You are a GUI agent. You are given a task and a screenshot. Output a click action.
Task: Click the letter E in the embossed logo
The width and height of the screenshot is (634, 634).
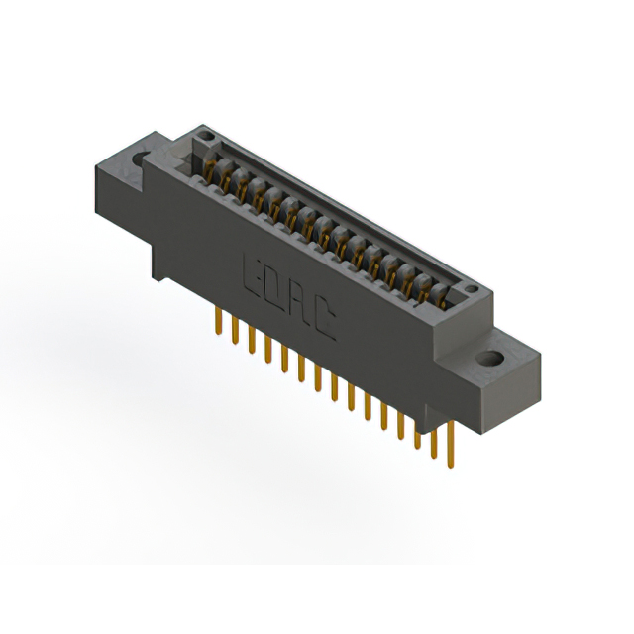tap(252, 270)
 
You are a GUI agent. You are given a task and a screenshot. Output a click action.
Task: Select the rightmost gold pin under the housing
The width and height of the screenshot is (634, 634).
tap(450, 442)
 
